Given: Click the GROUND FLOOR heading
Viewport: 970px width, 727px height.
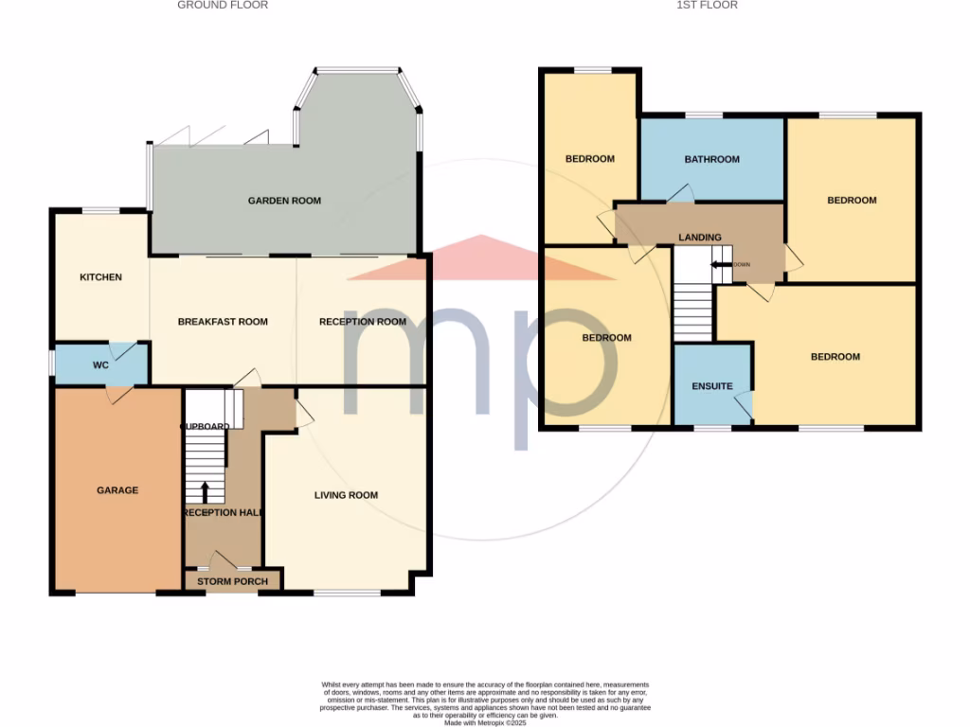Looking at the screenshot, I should (223, 6).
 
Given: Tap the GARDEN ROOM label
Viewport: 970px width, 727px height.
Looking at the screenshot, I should (284, 201).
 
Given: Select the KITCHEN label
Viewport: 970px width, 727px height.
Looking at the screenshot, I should (100, 277).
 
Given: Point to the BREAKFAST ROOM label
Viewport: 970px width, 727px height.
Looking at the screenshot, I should (223, 322).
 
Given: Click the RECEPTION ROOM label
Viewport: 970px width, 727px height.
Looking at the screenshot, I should (362, 322).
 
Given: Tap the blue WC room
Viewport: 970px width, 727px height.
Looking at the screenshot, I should (100, 364).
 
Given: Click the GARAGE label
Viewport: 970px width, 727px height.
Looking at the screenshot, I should (117, 490).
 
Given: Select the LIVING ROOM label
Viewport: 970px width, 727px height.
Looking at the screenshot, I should (346, 495).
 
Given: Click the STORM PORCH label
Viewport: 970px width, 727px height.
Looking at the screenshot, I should (232, 581).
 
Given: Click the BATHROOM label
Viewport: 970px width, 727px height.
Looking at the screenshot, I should (711, 160).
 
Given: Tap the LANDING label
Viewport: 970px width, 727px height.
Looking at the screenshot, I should (700, 238).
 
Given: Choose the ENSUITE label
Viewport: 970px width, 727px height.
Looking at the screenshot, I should (711, 387).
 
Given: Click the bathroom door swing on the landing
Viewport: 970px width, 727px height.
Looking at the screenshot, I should (679, 193).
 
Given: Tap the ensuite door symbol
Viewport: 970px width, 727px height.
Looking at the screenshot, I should (744, 404).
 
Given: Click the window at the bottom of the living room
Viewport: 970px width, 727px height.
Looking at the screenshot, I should (346, 594).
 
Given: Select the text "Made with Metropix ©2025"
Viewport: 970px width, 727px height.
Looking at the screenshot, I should (484, 722).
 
